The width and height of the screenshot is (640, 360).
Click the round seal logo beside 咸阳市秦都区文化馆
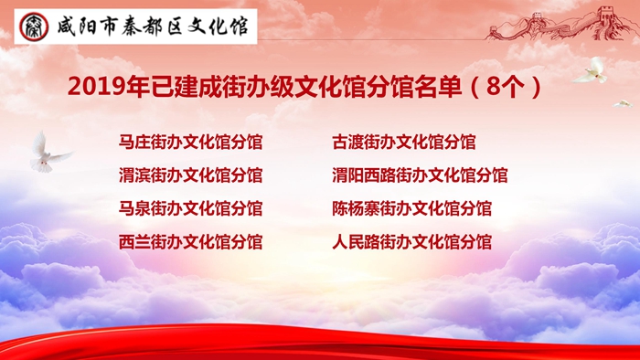(34, 26)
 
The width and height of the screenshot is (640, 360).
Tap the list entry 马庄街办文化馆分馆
(190, 143)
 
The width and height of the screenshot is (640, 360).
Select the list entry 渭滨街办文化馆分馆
(190, 175)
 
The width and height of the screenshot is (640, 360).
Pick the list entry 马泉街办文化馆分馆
(190, 208)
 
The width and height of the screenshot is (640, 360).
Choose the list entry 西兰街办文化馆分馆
(190, 242)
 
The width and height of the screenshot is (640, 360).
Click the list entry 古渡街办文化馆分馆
(404, 143)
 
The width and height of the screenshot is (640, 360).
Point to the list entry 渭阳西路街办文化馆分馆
(420, 175)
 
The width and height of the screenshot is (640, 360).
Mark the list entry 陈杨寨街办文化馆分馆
(411, 208)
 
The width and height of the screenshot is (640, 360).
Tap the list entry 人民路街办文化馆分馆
(411, 242)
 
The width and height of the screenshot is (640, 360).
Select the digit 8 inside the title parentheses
(493, 87)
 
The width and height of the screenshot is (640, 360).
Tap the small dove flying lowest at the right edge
(623, 104)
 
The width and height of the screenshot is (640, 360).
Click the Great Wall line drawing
(561, 24)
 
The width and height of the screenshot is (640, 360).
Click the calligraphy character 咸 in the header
(67, 26)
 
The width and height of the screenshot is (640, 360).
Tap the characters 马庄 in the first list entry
(134, 143)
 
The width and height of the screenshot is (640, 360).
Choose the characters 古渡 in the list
(347, 143)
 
